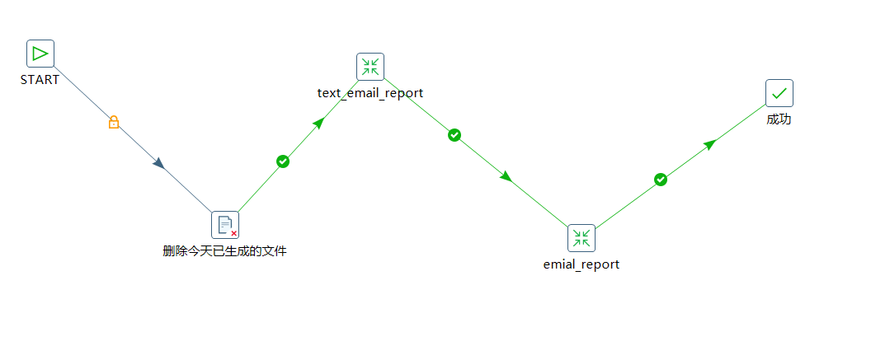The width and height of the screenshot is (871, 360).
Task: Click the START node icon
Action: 40,54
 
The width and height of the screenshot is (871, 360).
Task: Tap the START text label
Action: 40,80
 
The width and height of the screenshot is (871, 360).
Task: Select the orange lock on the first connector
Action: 114,122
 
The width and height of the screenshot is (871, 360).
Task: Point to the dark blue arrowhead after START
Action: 159,164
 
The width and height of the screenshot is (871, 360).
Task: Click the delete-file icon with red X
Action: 225,225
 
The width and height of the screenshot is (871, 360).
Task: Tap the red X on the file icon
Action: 234,233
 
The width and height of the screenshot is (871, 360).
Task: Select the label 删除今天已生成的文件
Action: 225,251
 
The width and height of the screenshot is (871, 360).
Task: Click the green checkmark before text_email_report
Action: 283,161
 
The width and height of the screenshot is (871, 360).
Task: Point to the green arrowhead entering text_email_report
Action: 318,123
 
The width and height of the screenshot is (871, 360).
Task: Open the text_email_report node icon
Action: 370,67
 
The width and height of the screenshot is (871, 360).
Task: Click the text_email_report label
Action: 370,92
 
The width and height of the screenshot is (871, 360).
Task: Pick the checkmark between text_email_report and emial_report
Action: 454,135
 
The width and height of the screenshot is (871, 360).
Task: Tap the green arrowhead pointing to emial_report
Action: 506,176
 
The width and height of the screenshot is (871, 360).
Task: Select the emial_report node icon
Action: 581,238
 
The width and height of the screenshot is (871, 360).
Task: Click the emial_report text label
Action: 581,264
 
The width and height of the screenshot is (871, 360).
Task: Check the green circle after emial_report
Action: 661,180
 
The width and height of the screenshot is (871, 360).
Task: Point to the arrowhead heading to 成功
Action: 709,145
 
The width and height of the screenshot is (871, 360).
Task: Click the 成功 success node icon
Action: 779,93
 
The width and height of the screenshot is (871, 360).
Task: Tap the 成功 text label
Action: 779,119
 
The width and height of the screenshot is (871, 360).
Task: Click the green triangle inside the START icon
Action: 40,54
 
